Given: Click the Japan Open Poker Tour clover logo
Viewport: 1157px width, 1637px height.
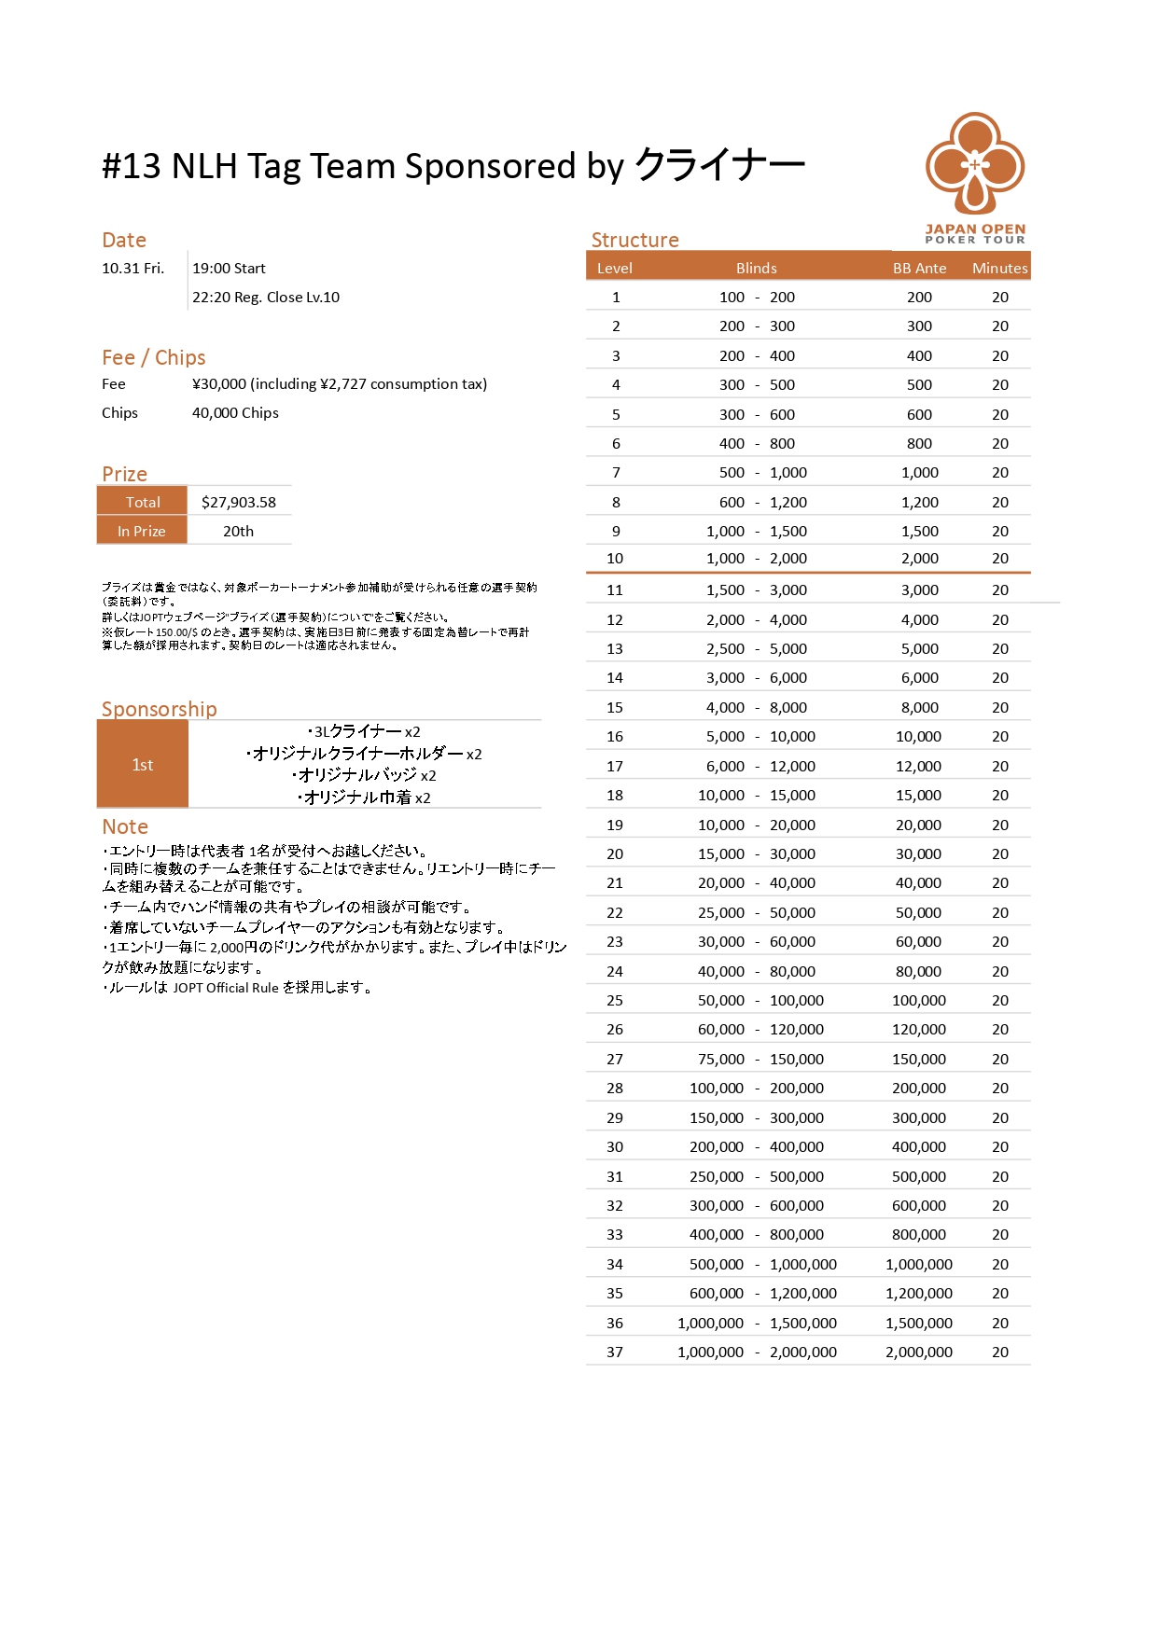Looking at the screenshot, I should (975, 163).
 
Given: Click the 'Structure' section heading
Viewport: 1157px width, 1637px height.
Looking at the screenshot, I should (634, 240).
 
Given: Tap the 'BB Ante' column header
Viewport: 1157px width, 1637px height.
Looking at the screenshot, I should (919, 268).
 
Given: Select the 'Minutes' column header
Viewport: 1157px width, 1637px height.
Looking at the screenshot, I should (999, 268).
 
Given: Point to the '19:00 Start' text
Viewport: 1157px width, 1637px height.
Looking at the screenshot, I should (229, 269).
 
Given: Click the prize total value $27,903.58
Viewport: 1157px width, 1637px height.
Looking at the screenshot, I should (239, 502).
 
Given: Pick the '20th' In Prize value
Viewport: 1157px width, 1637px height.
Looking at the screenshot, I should (238, 531).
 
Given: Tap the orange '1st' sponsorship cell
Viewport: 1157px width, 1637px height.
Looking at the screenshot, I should (143, 765).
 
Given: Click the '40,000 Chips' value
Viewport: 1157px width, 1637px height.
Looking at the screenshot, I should (235, 412).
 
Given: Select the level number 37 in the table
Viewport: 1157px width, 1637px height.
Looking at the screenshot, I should (615, 1352).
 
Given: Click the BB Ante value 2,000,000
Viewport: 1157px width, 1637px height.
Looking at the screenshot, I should (919, 1352).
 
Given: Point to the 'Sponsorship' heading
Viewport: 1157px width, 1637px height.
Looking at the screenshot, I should (159, 709).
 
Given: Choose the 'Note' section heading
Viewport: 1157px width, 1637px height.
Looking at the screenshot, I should (125, 826).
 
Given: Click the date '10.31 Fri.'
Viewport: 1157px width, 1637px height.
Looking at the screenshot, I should (132, 269).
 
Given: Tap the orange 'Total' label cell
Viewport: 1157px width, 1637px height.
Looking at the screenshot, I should (143, 502).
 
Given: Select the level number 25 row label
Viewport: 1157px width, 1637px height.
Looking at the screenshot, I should (615, 1000).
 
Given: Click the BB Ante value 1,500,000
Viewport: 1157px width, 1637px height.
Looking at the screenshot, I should (919, 1323).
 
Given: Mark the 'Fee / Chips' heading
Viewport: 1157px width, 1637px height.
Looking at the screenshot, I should (153, 357).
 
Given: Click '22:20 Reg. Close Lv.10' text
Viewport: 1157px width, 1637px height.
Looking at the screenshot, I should (266, 298).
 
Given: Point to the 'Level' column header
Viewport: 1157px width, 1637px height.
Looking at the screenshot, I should (615, 268).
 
